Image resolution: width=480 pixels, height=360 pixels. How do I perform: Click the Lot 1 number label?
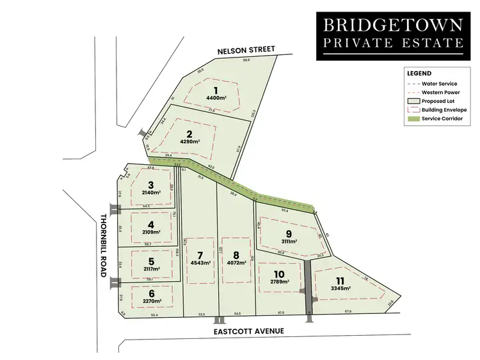(216, 90)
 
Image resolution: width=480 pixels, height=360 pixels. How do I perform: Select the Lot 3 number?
(150, 185)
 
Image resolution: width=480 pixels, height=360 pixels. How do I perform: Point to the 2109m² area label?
(150, 232)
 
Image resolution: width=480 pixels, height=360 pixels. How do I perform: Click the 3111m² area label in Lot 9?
(289, 242)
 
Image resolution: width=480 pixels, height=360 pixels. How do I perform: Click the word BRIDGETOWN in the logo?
(393, 26)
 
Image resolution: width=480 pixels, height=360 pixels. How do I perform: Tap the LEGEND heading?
(419, 74)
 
